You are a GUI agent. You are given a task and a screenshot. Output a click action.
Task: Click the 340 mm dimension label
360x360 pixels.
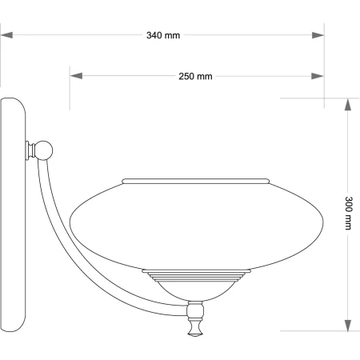(x=163, y=35)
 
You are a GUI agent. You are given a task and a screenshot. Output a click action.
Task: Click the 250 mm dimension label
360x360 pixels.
(x=195, y=77)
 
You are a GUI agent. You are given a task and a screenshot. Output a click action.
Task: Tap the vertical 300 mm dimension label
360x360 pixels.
(x=348, y=213)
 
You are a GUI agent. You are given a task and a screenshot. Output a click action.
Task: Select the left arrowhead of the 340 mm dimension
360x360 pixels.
(x=6, y=35)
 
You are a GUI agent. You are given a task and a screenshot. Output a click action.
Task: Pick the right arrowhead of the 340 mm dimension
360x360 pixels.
(x=318, y=35)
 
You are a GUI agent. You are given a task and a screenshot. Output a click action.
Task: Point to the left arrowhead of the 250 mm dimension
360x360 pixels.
(x=76, y=76)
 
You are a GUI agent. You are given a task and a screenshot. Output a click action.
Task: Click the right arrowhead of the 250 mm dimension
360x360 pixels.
(x=318, y=76)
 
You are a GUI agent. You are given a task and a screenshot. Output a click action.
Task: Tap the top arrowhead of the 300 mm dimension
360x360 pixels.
(x=347, y=105)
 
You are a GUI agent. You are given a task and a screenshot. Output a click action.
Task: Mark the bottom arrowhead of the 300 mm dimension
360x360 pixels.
(x=347, y=326)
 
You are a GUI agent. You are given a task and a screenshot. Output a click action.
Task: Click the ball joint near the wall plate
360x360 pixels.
(x=43, y=150)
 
